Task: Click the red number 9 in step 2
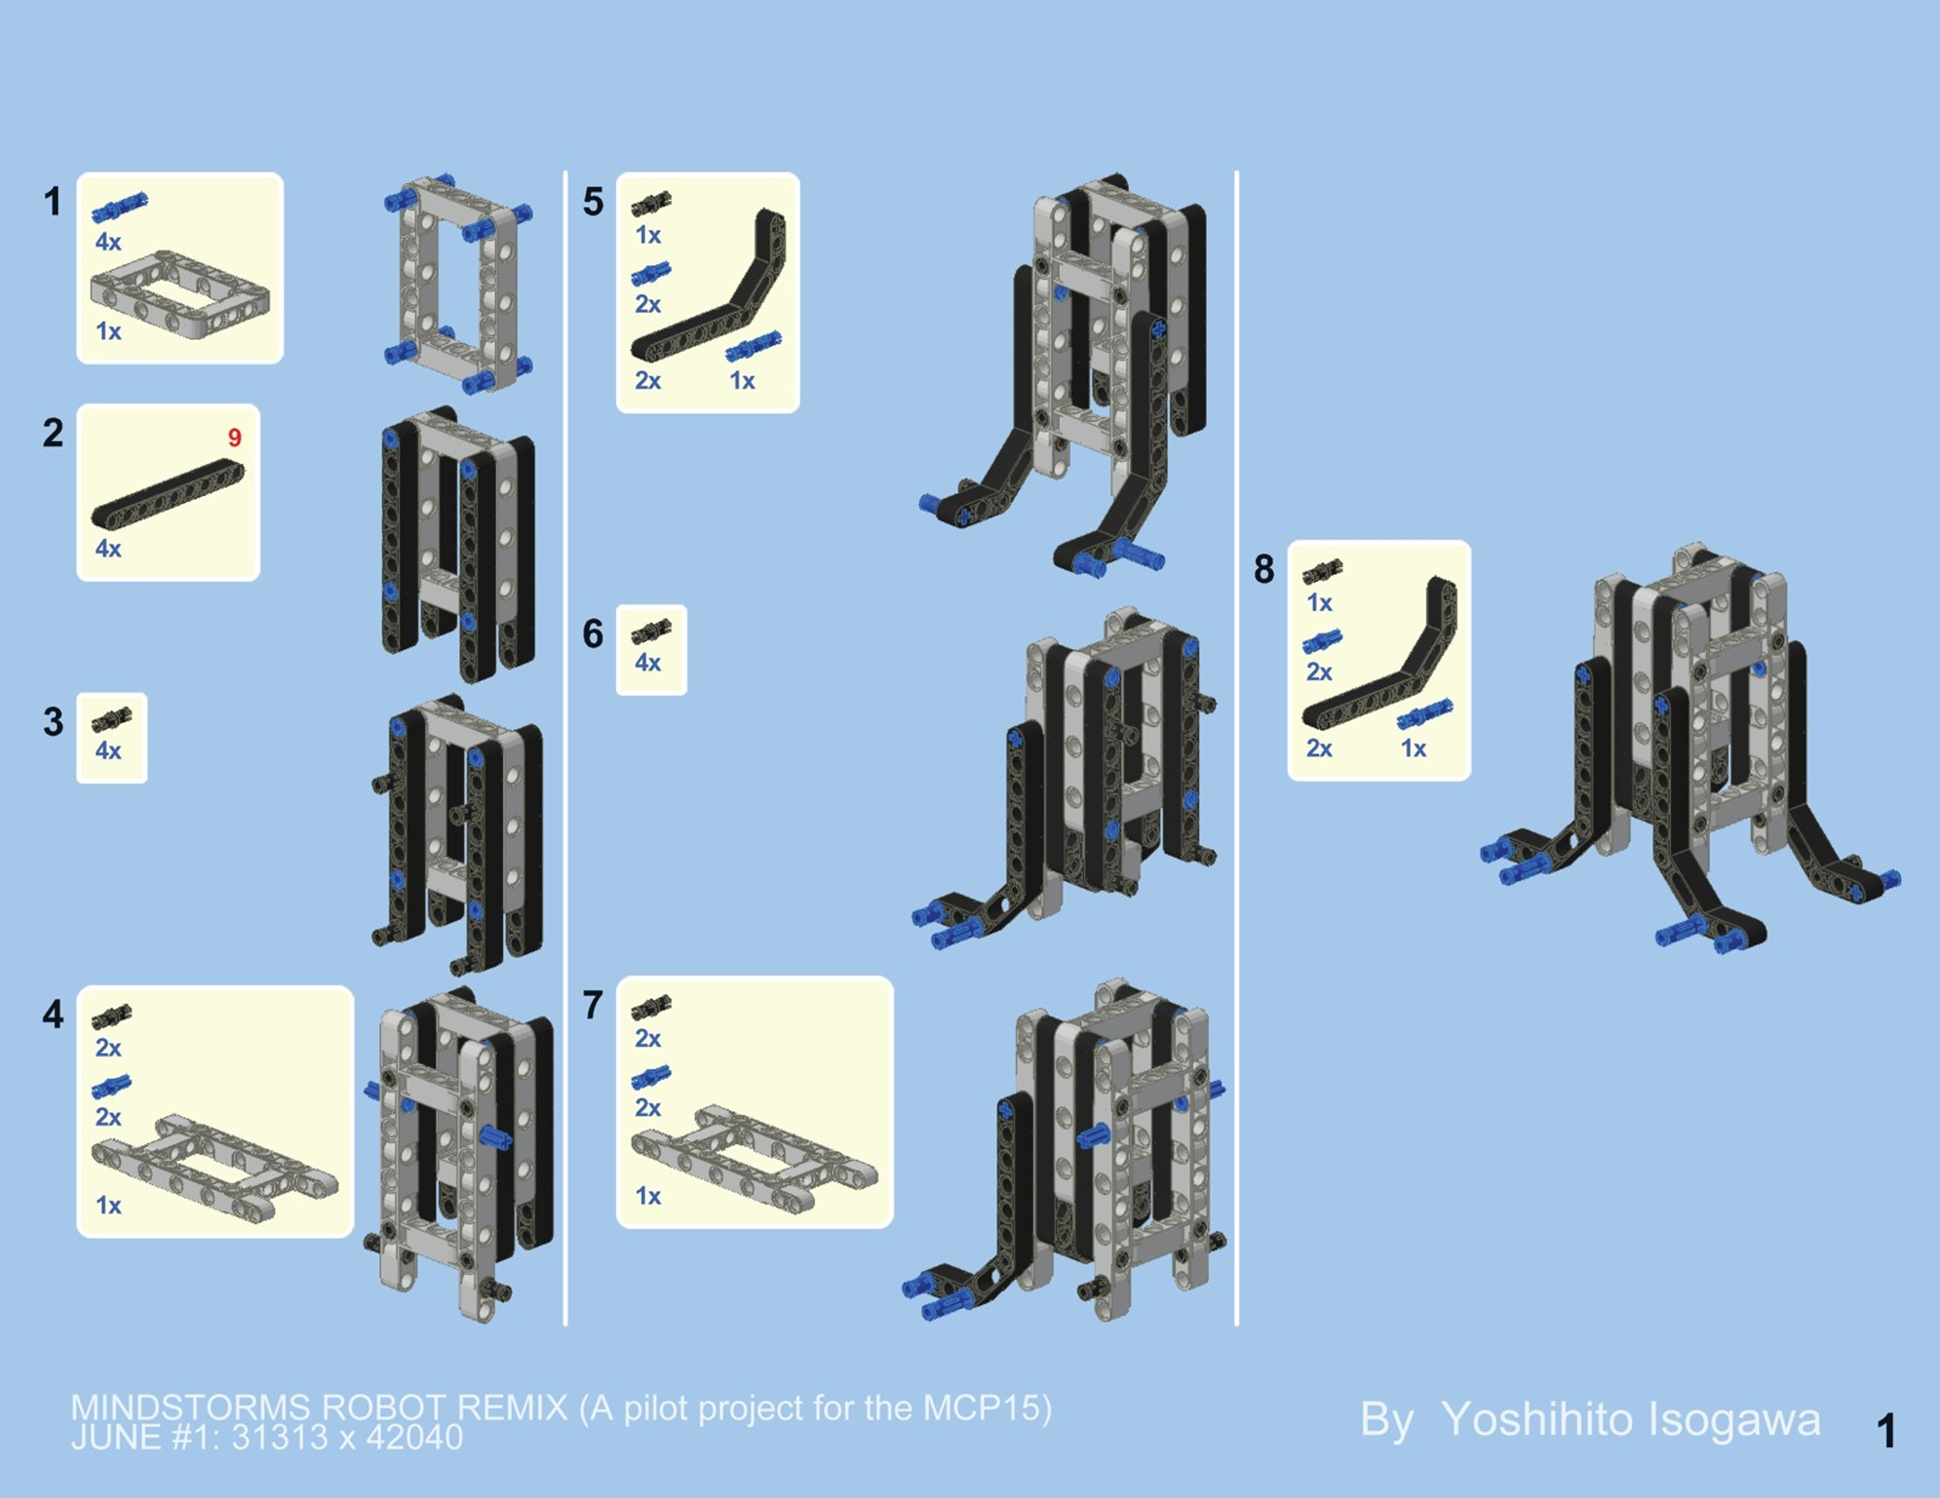pyautogui.click(x=234, y=438)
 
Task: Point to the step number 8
pyautogui.click(x=1264, y=569)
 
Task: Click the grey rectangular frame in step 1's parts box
pyautogui.click(x=180, y=294)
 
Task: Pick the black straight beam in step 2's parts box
pyautogui.click(x=168, y=494)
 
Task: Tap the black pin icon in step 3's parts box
pyautogui.click(x=112, y=719)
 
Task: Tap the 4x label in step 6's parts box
pyautogui.click(x=647, y=663)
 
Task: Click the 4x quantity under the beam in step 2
pyautogui.click(x=108, y=549)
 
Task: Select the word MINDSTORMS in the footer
pyautogui.click(x=190, y=1408)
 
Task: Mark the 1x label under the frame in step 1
pyautogui.click(x=108, y=331)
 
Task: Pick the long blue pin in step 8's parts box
pyautogui.click(x=1425, y=714)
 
